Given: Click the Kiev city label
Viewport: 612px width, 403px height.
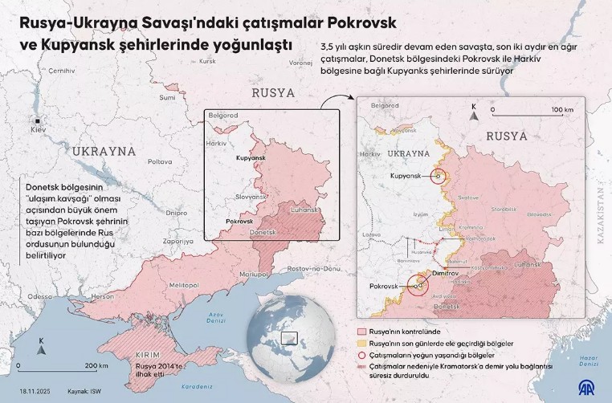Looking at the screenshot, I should point(39,129).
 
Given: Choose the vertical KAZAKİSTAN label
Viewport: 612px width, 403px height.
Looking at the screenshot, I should point(602,208).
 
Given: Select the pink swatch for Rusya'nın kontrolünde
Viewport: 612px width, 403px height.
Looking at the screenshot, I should point(361,331).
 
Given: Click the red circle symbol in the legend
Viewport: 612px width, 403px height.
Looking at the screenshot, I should point(361,354).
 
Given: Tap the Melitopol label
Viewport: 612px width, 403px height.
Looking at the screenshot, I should point(184,284).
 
